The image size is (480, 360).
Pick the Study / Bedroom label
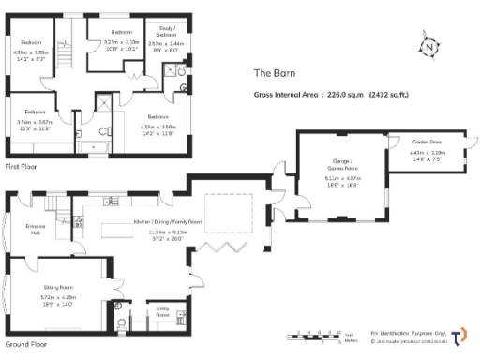167,31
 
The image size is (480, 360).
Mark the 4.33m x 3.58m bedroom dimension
156,127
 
